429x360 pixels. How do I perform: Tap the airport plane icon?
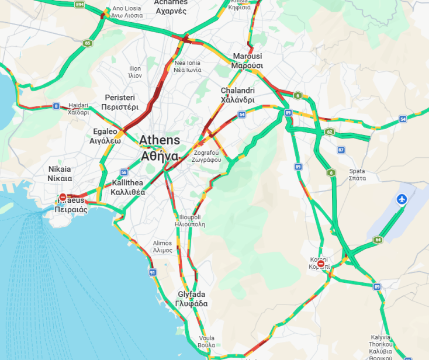pyautogui.click(x=402, y=199)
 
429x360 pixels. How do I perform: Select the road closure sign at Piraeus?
pyautogui.click(x=63, y=198)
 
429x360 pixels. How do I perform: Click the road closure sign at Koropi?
pyautogui.click(x=321, y=264)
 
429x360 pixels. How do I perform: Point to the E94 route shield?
pyautogui.click(x=80, y=5)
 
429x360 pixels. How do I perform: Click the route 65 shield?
pyautogui.click(x=87, y=43)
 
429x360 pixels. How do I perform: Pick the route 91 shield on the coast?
pyautogui.click(x=153, y=272)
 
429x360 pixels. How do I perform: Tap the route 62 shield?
pyautogui.click(x=330, y=132)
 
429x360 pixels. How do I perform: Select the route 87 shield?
pyautogui.click(x=341, y=150)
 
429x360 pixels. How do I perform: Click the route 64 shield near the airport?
pyautogui.click(x=378, y=240)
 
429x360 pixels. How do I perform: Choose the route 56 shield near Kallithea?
pyautogui.click(x=123, y=172)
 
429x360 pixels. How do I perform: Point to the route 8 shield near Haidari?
pyautogui.click(x=56, y=106)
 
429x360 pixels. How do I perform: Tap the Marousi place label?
pyautogui.click(x=247, y=61)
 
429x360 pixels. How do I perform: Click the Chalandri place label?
pyautogui.click(x=237, y=95)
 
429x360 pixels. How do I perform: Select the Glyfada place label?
pyautogui.click(x=191, y=299)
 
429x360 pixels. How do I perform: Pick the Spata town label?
pyautogui.click(x=357, y=174)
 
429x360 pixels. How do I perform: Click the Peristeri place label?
pyautogui.click(x=120, y=102)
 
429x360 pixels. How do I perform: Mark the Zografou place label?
pyautogui.click(x=207, y=156)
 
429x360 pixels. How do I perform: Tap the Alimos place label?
pyautogui.click(x=162, y=246)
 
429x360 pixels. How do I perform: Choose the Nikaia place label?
pyautogui.click(x=59, y=174)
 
